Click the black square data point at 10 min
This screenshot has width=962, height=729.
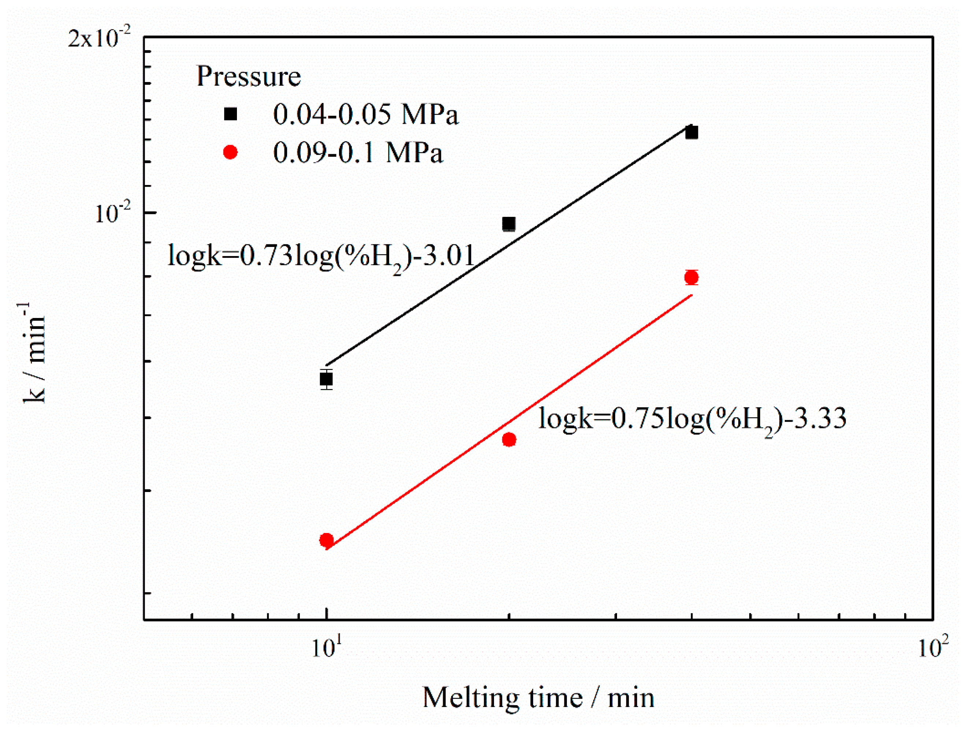tap(326, 379)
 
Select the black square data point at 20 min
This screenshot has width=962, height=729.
tap(509, 224)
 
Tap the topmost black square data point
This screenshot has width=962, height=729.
tap(691, 132)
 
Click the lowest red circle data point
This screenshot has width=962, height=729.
tap(326, 540)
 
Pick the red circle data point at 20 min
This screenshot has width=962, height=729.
tap(509, 439)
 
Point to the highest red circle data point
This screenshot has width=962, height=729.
tap(691, 277)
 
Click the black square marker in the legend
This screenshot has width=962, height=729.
tap(230, 114)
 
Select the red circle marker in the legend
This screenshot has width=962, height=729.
tap(230, 152)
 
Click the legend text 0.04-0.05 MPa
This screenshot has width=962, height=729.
tap(365, 115)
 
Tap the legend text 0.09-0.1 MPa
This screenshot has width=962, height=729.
tap(357, 153)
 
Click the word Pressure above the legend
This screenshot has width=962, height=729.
tap(248, 77)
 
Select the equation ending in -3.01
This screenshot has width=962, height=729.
tap(320, 257)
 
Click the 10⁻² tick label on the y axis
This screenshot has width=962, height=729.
tap(112, 213)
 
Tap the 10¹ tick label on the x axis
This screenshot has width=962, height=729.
tap(327, 647)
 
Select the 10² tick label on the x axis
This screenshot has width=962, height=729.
tap(932, 647)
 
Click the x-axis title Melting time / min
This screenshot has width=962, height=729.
tap(538, 698)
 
